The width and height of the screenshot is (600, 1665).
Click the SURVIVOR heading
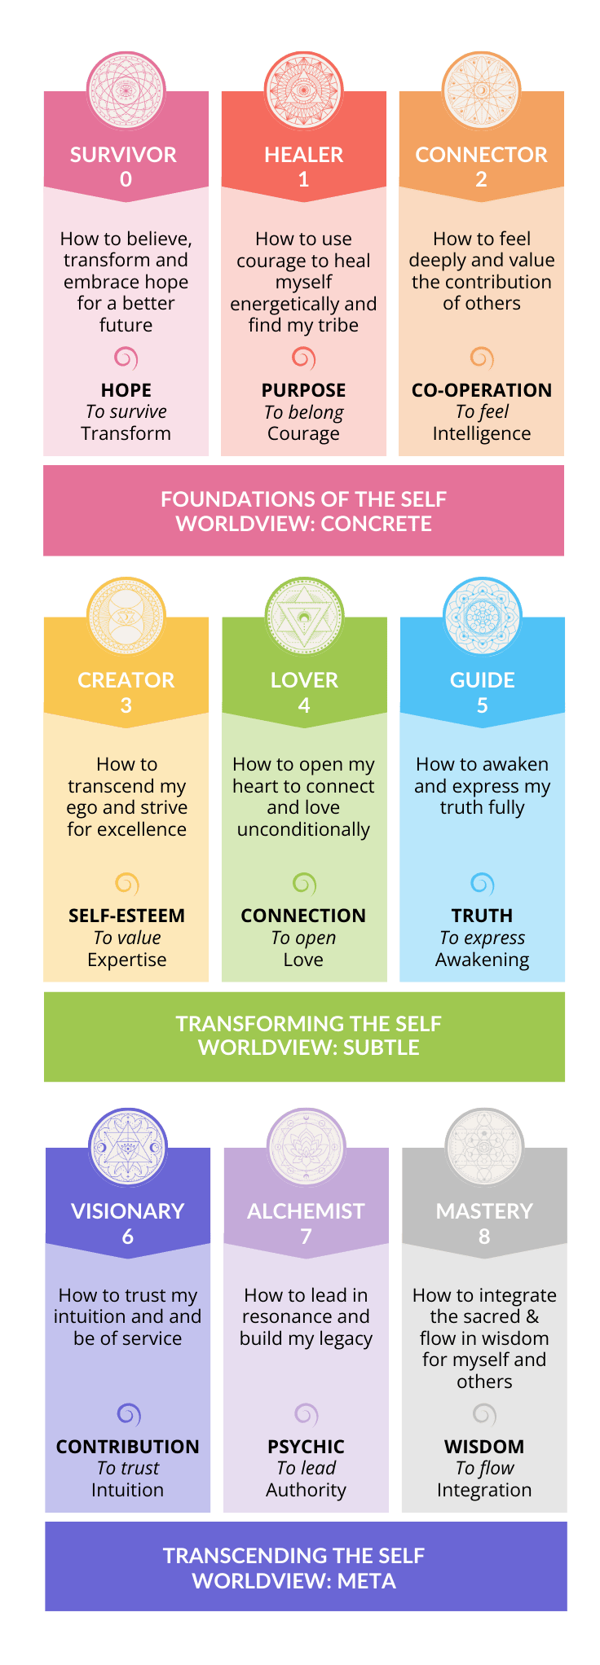[123, 155]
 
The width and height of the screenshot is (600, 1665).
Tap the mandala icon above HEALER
[303, 90]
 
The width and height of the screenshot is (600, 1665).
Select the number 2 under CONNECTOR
[481, 179]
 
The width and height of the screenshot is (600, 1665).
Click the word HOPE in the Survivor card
[126, 390]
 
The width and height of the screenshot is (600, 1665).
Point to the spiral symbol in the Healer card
[303, 358]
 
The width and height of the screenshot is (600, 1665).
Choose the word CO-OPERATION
[481, 390]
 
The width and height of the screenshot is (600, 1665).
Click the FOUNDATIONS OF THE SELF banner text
[303, 499]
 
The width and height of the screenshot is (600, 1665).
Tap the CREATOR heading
[126, 680]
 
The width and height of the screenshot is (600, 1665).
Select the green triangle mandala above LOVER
[304, 616]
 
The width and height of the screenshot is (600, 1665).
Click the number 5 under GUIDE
[482, 705]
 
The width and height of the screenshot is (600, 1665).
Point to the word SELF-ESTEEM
[126, 916]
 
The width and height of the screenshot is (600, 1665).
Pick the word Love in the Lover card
[303, 960]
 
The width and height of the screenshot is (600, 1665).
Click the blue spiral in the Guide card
[483, 883]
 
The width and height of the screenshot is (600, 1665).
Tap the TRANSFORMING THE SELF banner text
[308, 1024]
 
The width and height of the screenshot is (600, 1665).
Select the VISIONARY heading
[127, 1211]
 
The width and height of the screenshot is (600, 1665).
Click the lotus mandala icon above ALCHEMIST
[306, 1147]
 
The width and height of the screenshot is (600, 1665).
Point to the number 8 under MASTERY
[484, 1237]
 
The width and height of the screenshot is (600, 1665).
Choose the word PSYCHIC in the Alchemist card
[306, 1447]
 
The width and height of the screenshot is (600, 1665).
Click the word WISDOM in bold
[484, 1447]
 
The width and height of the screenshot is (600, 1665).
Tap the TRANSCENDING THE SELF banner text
[293, 1556]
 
